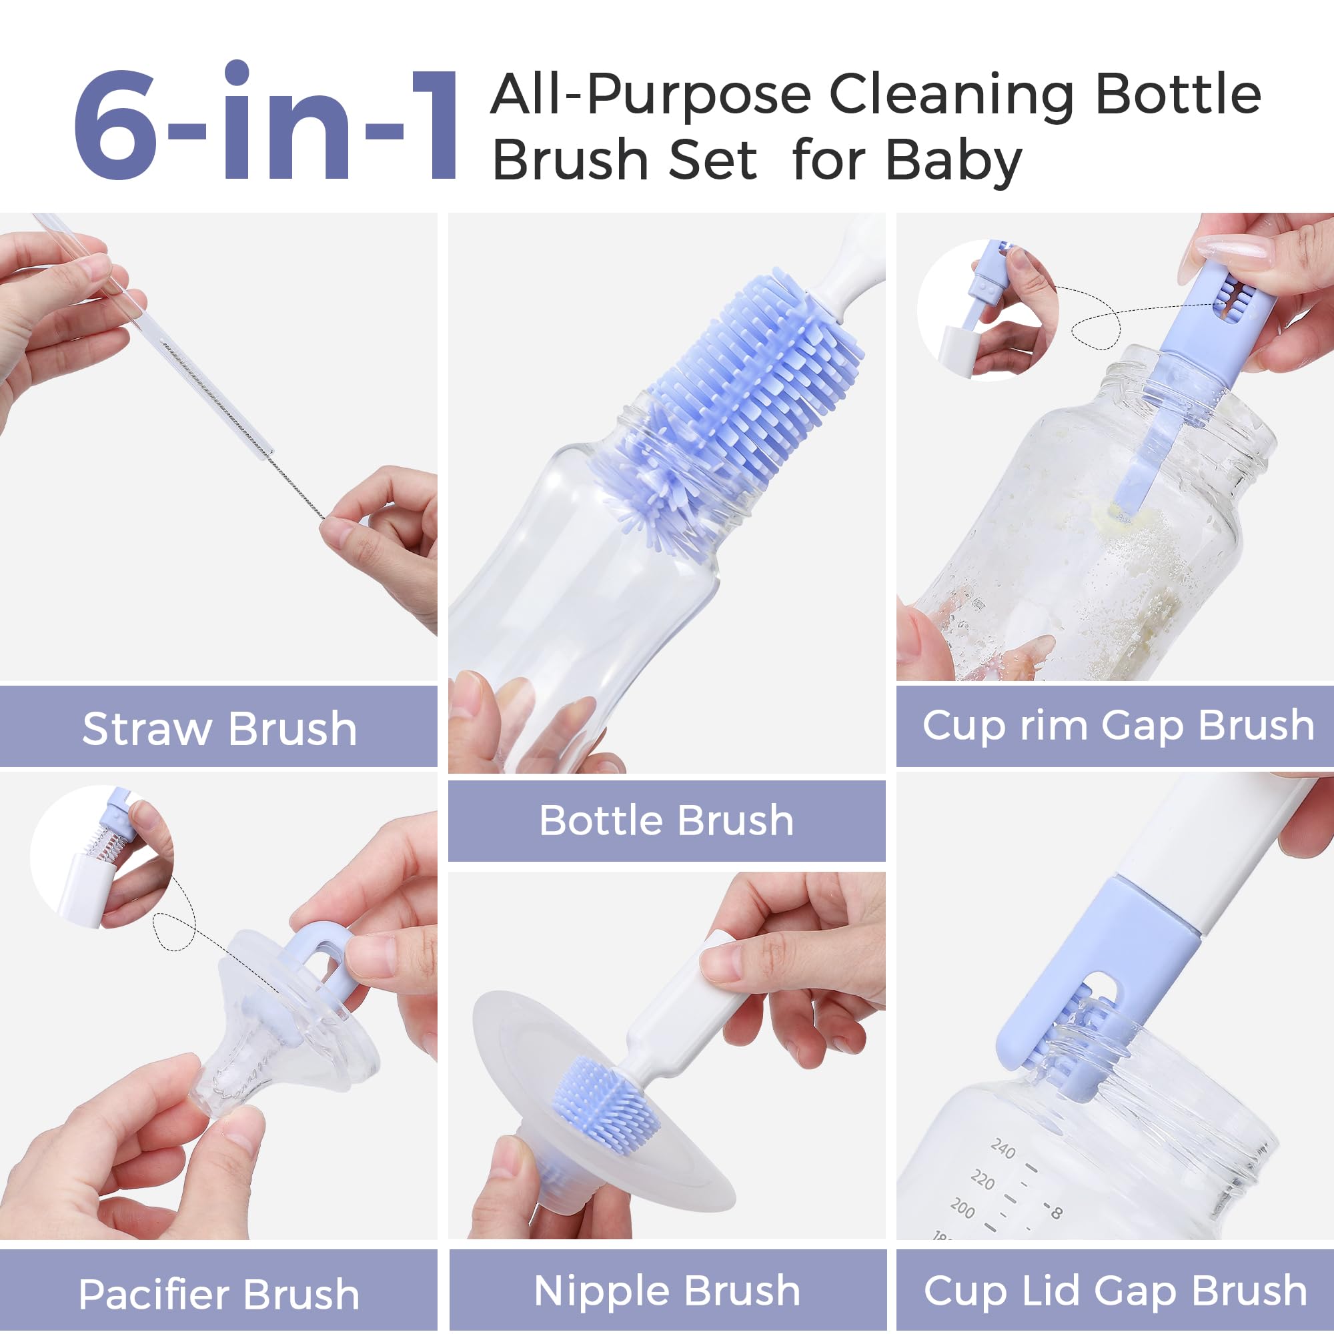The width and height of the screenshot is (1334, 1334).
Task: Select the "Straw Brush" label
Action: point(219,728)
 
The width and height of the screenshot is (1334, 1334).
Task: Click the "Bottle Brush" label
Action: point(666,820)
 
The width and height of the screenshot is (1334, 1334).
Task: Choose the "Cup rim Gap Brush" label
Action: point(1118,726)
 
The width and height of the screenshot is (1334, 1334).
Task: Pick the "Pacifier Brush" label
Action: point(219,1294)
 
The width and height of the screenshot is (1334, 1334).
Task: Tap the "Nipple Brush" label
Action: point(667,1291)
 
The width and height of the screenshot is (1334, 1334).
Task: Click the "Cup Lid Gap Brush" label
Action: point(1116,1291)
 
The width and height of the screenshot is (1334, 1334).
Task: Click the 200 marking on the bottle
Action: point(962,1208)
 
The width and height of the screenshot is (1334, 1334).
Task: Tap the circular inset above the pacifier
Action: point(101,856)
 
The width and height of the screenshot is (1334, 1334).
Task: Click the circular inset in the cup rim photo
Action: point(987,311)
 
